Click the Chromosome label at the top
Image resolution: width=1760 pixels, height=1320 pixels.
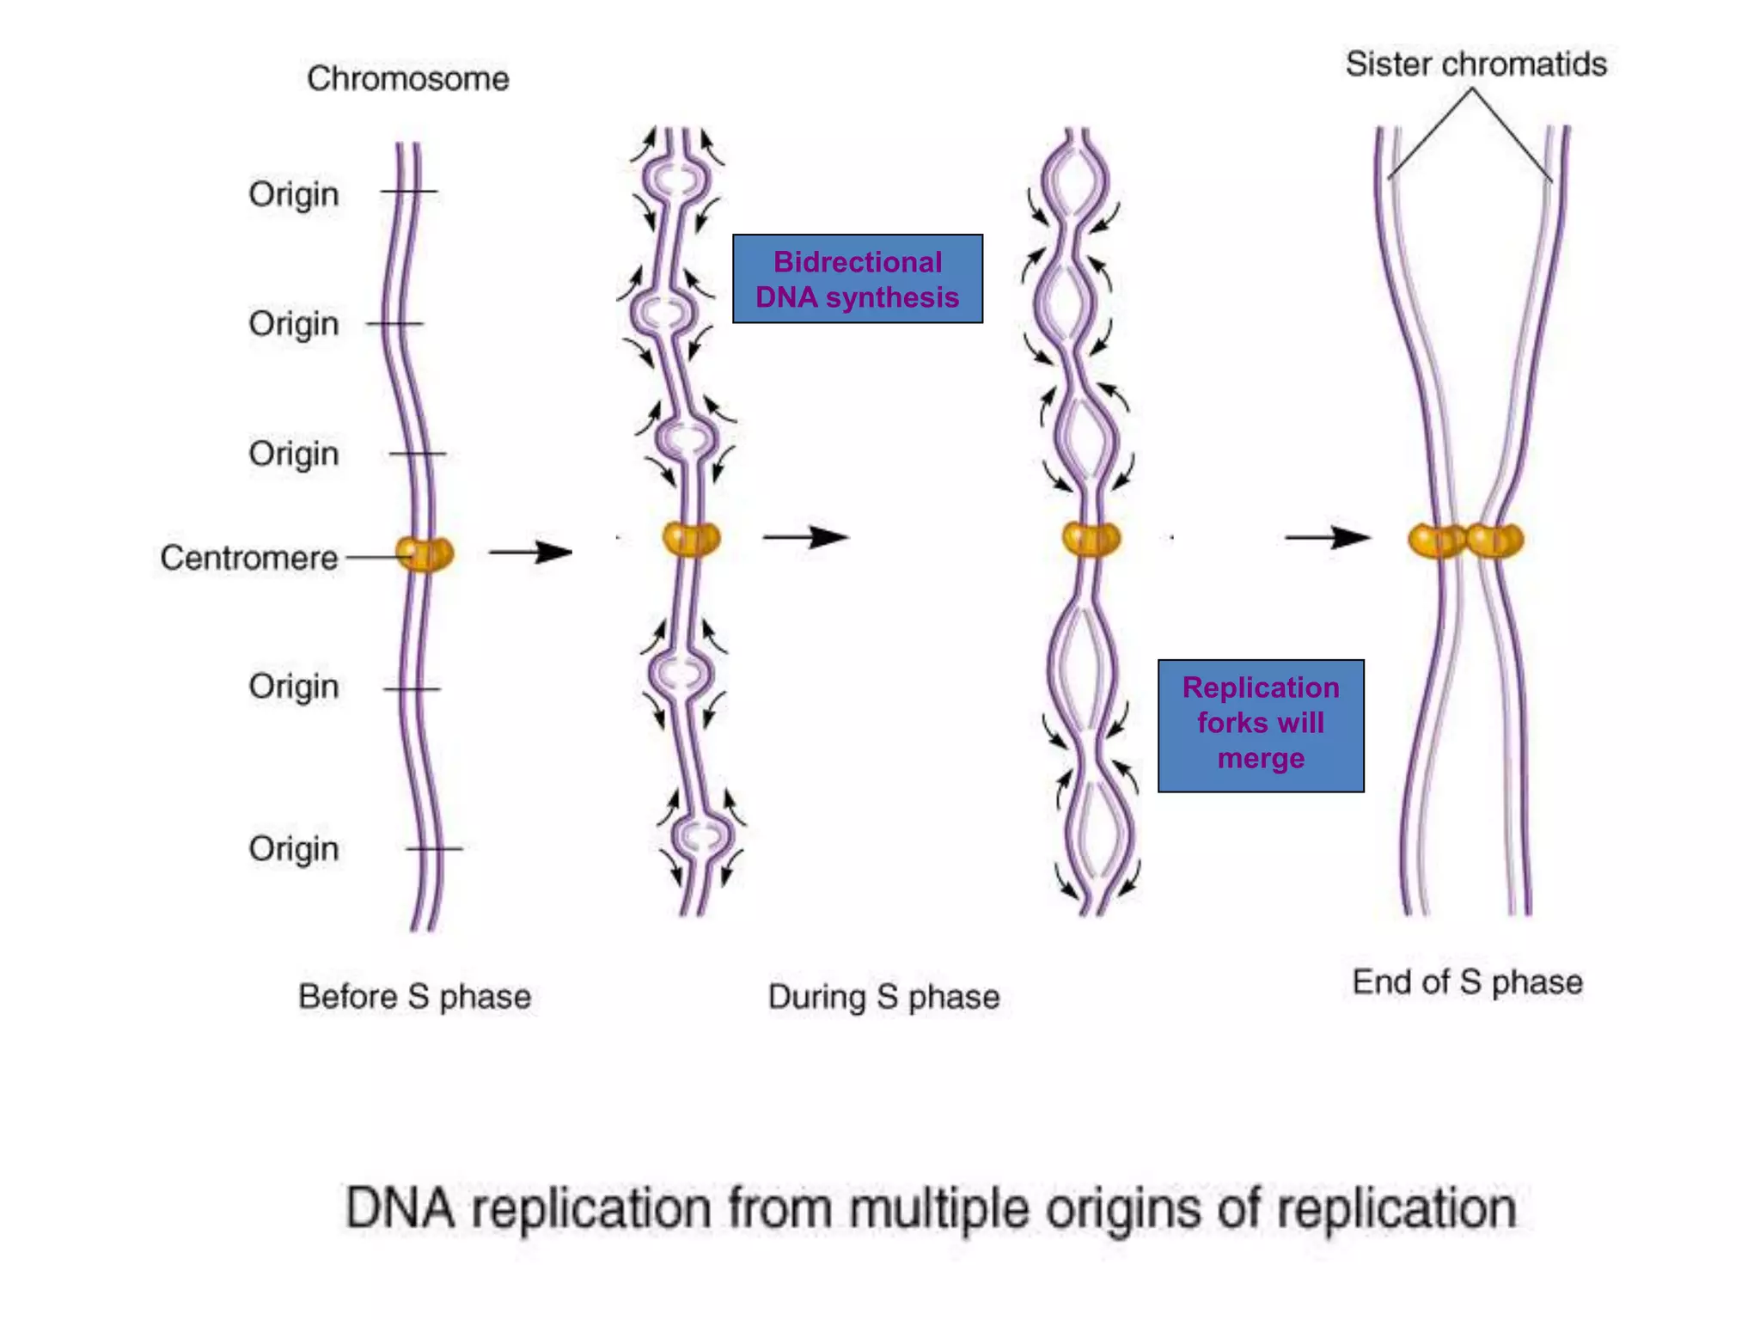pyautogui.click(x=407, y=79)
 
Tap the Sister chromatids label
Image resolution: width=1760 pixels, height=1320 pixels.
pyautogui.click(x=1476, y=64)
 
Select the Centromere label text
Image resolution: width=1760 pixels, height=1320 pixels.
pyautogui.click(x=249, y=559)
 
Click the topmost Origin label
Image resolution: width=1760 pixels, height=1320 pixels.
pyautogui.click(x=294, y=194)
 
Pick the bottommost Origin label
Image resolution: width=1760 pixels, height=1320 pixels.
pyautogui.click(x=294, y=849)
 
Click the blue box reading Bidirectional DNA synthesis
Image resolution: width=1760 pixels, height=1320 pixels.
pyautogui.click(x=857, y=279)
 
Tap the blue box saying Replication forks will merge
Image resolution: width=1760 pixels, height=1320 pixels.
pyautogui.click(x=1260, y=724)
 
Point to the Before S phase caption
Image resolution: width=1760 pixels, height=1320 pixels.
pyautogui.click(x=414, y=997)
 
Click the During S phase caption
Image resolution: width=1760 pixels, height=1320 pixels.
pyautogui.click(x=883, y=997)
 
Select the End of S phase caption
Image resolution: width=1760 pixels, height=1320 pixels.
pyautogui.click(x=1467, y=982)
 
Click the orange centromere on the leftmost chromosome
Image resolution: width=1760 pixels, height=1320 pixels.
pyautogui.click(x=425, y=554)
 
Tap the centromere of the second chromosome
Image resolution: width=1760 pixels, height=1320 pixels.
pyautogui.click(x=691, y=540)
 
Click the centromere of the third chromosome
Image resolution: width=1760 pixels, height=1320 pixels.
pyautogui.click(x=1091, y=540)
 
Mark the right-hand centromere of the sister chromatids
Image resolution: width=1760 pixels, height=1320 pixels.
pyautogui.click(x=1495, y=541)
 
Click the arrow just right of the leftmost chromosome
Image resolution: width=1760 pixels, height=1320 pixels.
pyautogui.click(x=530, y=552)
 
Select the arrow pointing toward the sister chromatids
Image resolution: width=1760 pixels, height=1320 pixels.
pyautogui.click(x=1327, y=538)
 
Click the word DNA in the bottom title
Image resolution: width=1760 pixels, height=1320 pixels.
pyautogui.click(x=400, y=1209)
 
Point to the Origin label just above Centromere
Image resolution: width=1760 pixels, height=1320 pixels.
pyautogui.click(x=294, y=454)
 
